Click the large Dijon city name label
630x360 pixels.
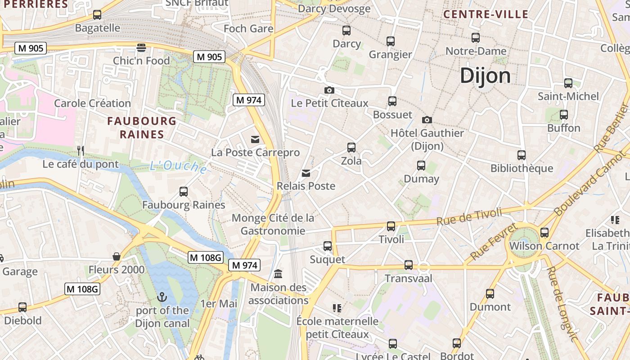[485, 76]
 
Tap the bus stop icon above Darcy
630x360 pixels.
[346, 31]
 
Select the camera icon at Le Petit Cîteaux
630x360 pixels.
[329, 90]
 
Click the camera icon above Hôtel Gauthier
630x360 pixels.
[427, 120]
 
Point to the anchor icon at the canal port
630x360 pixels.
[162, 297]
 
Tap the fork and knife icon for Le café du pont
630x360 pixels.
[81, 151]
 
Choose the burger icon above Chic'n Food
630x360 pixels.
[141, 48]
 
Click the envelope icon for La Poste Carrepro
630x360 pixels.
[255, 139]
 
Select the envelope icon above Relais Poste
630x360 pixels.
[306, 173]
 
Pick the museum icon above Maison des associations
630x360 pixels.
[278, 274]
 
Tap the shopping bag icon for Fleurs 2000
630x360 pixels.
[117, 256]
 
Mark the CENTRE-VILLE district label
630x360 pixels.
[486, 14]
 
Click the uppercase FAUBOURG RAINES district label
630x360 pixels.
[142, 127]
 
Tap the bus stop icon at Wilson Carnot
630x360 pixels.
[544, 233]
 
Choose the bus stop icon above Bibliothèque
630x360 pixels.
[522, 155]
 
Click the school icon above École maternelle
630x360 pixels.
[337, 308]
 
